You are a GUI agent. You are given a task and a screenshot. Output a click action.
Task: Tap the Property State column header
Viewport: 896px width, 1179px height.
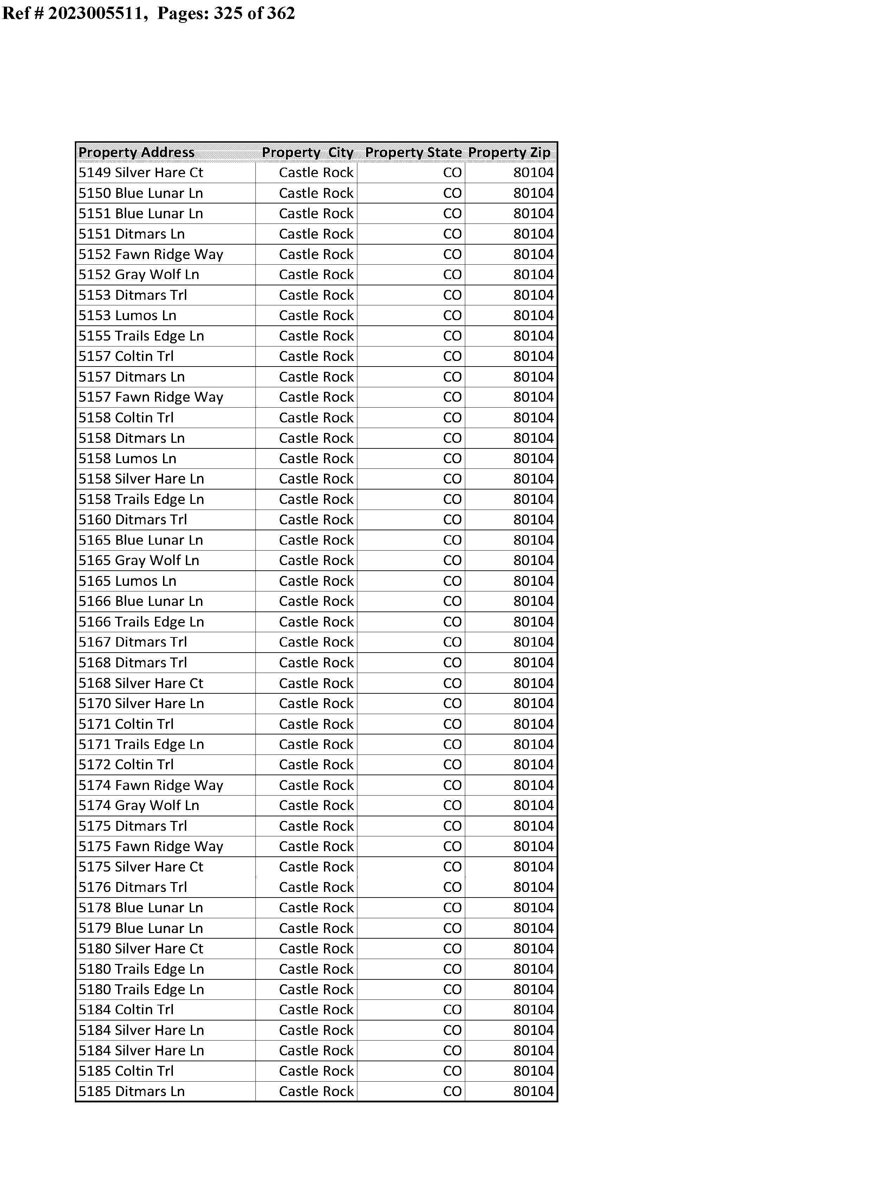(413, 153)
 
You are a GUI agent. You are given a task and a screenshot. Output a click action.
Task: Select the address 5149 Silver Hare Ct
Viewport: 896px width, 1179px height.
(141, 173)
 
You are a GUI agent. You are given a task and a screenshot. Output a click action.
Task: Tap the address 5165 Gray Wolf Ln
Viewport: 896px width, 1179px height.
(139, 561)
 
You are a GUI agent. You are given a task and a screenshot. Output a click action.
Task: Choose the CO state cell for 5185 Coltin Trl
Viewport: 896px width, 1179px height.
(452, 1071)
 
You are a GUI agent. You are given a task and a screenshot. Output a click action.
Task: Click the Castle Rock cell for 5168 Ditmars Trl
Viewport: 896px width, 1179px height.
(316, 663)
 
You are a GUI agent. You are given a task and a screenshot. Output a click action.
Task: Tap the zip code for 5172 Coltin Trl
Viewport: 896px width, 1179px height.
(533, 765)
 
